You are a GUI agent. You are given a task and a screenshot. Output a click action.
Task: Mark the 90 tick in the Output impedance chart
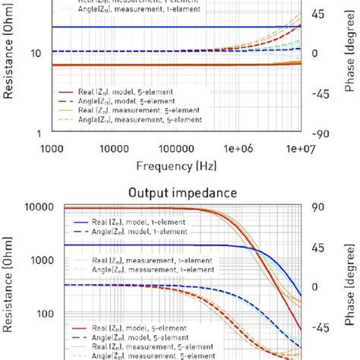320,207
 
